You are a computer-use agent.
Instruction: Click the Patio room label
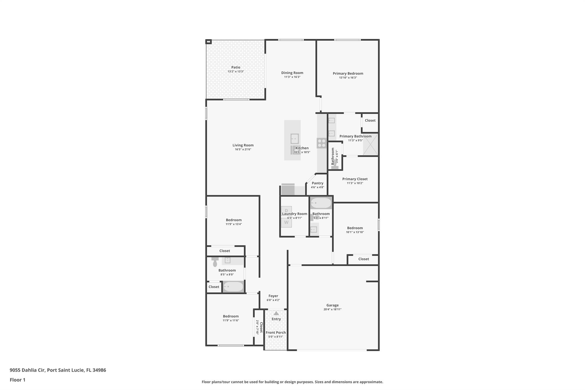tap(236, 67)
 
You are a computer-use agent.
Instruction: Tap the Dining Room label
tap(292, 73)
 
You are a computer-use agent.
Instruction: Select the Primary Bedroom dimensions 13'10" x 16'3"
tap(348, 78)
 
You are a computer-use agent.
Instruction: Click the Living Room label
tap(243, 145)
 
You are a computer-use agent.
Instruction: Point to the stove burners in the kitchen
tap(322, 143)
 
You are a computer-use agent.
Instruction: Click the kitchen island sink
tap(294, 139)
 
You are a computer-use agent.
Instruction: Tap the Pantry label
tap(317, 183)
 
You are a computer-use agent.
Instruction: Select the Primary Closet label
tap(355, 179)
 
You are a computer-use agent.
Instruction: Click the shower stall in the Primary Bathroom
tap(370, 144)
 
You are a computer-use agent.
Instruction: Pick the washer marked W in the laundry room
tap(286, 223)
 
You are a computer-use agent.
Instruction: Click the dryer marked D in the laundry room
tap(286, 211)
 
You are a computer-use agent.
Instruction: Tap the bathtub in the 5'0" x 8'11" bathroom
tap(321, 203)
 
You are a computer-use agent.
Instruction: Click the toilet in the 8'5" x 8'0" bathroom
tap(215, 261)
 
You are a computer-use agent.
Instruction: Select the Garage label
tap(332, 305)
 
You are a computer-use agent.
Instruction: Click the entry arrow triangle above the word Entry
tap(276, 313)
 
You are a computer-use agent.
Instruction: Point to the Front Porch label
tap(276, 333)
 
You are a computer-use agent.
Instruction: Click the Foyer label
tap(273, 296)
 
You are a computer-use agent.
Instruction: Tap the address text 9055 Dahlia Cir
tap(27, 370)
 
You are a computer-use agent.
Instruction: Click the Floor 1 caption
tap(17, 380)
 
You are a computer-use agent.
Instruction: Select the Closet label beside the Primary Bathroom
tap(370, 120)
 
